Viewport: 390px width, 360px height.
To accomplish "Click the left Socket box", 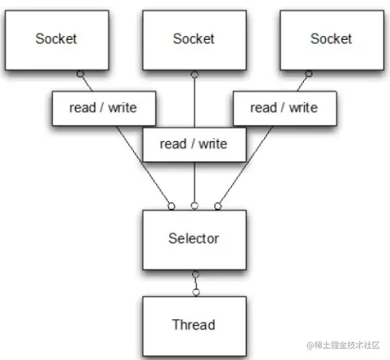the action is pos(57,40).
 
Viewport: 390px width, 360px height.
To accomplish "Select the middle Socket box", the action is pos(195,40).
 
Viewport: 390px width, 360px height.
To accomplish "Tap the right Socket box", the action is pos(332,40).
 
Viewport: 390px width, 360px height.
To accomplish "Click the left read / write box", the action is pos(104,109).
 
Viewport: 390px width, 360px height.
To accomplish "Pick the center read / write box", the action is pos(195,144).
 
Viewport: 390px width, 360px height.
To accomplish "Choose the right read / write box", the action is pos(285,109).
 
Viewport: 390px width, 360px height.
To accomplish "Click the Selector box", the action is pos(195,240).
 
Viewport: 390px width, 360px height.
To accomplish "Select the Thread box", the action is pos(195,326).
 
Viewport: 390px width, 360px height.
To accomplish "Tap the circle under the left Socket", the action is pos(81,73).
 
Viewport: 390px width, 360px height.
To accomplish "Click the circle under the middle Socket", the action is pos(195,74).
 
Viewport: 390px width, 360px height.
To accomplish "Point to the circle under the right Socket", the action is pos(309,73).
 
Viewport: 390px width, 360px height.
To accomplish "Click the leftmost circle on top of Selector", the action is pos(171,206).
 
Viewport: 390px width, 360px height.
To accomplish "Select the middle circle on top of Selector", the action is pos(195,206).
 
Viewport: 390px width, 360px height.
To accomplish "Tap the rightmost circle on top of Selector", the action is pos(218,206).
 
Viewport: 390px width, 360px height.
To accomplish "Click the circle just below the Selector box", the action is pos(195,274).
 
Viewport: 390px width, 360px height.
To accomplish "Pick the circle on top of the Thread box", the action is pos(196,292).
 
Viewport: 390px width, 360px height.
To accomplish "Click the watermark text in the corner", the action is pos(343,345).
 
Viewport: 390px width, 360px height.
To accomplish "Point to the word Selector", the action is pos(194,239).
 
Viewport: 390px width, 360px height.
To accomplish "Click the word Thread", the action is pos(194,325).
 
